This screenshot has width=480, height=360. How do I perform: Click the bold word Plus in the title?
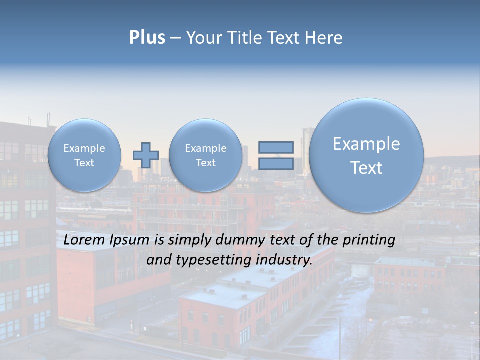[147, 37]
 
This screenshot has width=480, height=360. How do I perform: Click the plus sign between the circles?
[146, 155]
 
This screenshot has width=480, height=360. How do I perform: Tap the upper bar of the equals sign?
[276, 147]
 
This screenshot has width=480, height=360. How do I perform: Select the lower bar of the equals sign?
[276, 163]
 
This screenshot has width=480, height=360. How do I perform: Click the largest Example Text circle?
[366, 155]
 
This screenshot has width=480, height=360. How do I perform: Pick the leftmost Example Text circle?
[84, 155]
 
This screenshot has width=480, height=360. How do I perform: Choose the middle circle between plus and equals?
[205, 155]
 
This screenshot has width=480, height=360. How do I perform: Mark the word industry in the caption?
[284, 260]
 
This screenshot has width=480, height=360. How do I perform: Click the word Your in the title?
[204, 37]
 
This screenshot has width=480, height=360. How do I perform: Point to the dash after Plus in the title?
[175, 38]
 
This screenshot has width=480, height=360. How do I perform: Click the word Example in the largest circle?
[366, 144]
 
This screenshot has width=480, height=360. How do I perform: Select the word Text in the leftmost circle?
[84, 163]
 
